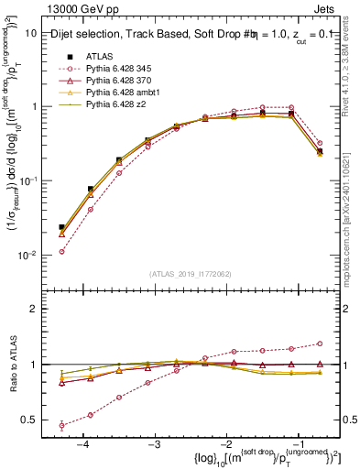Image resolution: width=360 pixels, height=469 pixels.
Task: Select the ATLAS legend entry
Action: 98,56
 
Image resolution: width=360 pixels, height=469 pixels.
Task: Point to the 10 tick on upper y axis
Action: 31,32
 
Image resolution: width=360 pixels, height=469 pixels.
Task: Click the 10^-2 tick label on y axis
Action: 27,255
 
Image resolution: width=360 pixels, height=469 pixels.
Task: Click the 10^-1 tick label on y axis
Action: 27,180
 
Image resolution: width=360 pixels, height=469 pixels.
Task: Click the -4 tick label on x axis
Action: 82,443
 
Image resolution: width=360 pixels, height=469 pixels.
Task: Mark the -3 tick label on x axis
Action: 154,443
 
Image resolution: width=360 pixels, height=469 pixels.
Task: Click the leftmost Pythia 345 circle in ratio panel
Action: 61,425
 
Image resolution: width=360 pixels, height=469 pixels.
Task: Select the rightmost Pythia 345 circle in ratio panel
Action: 320,344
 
